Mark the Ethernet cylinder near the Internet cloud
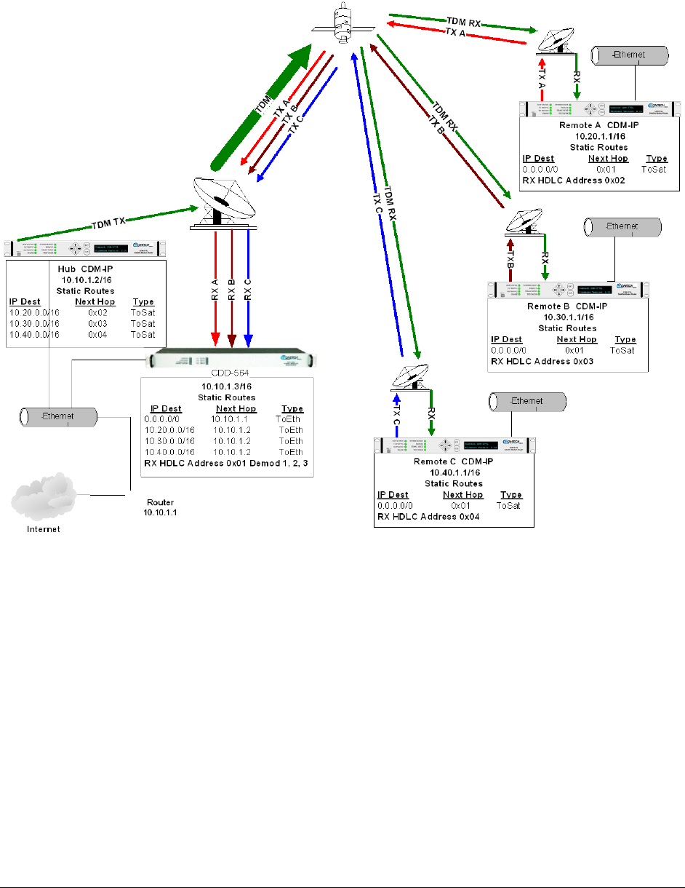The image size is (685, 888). (57, 417)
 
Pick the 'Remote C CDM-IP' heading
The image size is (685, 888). (454, 461)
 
